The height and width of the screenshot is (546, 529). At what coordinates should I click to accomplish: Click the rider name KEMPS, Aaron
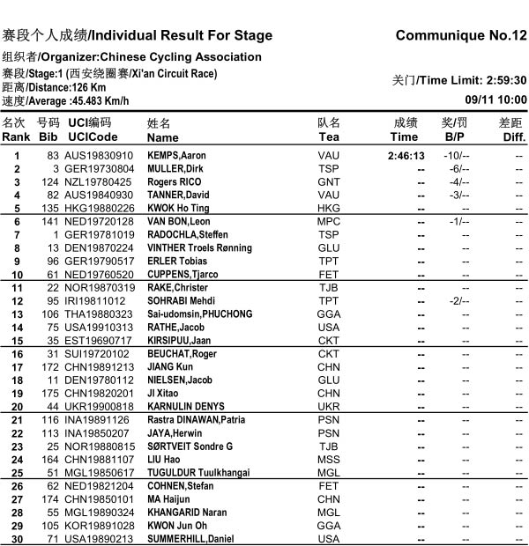176,156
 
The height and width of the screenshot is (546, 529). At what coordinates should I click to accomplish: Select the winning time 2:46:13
406,156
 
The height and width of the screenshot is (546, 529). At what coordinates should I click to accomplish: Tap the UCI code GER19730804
99,169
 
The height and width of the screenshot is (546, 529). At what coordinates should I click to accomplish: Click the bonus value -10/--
456,156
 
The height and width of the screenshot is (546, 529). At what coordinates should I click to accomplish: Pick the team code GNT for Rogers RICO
328,182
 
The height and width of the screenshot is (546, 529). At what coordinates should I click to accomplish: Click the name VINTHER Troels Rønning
200,248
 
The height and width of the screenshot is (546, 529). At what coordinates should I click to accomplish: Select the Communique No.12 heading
461,36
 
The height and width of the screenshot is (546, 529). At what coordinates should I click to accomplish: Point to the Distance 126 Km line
54,87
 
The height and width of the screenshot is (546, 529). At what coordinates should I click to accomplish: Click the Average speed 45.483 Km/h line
65,100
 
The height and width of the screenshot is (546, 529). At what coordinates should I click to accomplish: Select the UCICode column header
92,137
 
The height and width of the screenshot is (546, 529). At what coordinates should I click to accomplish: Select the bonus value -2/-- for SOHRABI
456,301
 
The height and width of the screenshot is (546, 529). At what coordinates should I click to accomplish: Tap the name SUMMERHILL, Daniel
190,539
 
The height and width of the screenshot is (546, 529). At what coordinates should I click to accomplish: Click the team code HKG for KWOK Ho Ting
328,209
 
